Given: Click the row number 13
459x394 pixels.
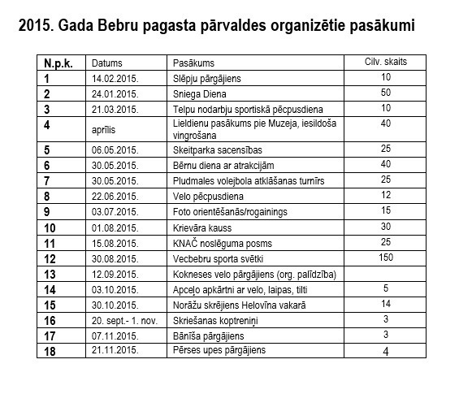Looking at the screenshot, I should pyautogui.click(x=50, y=274).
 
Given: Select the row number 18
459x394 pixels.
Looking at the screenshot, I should pyautogui.click(x=50, y=351).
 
